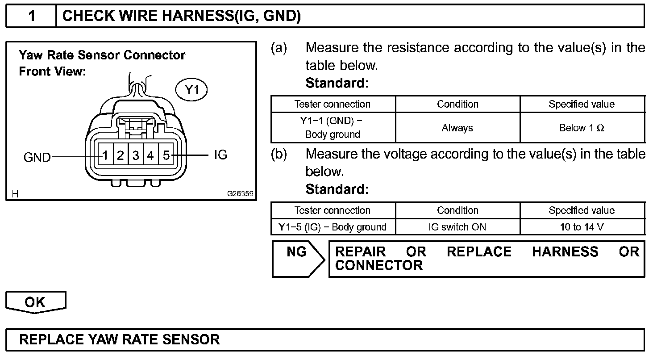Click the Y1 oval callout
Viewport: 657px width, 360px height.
[191, 90]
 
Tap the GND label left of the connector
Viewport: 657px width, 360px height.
[37, 157]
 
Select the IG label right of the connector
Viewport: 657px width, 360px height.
[220, 155]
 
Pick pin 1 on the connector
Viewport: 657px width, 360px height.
[105, 155]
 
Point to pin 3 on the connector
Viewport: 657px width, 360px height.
[136, 155]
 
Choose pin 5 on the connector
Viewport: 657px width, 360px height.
[166, 155]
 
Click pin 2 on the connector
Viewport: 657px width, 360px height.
[121, 155]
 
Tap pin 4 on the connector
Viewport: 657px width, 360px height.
[151, 155]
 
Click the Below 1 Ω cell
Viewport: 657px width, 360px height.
[582, 128]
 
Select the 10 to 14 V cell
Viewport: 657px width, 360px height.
[582, 227]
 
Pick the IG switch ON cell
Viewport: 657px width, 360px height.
[457, 227]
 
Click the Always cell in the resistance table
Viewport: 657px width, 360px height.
[457, 128]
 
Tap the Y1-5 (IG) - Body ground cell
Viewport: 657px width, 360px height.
[333, 227]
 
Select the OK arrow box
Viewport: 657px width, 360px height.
[35, 302]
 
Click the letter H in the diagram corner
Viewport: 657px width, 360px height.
[15, 194]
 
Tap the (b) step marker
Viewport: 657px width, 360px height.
[279, 154]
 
